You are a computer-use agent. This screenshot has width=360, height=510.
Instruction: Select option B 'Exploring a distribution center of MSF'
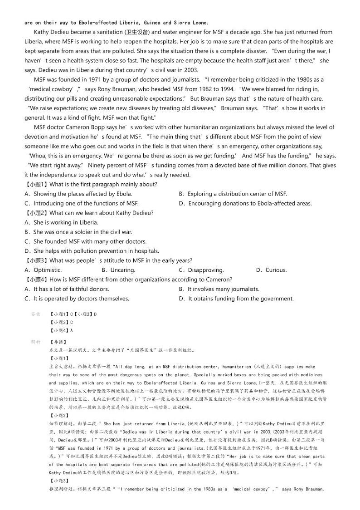pos(233,194)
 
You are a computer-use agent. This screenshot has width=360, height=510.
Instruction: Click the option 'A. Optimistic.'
pos(43,270)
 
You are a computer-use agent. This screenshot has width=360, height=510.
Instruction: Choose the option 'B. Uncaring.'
pos(118,270)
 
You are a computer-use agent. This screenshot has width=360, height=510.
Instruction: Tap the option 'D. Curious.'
pos(271,270)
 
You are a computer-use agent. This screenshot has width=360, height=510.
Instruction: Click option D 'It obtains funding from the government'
pos(236,299)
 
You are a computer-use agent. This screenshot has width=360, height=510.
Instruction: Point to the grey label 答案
pos(35,314)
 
